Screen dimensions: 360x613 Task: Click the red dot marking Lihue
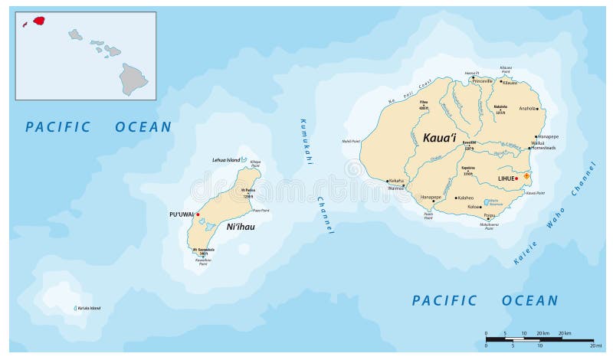pyautogui.click(x=516, y=178)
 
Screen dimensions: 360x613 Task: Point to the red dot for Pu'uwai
pyautogui.click(x=198, y=214)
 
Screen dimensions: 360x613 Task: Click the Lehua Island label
pyautogui.click(x=226, y=159)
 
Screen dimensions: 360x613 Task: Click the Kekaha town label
pyautogui.click(x=396, y=181)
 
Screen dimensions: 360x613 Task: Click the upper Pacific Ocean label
pyautogui.click(x=98, y=127)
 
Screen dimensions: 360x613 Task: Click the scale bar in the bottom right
pyautogui.click(x=539, y=340)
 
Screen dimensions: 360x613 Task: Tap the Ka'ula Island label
pyautogui.click(x=88, y=308)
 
